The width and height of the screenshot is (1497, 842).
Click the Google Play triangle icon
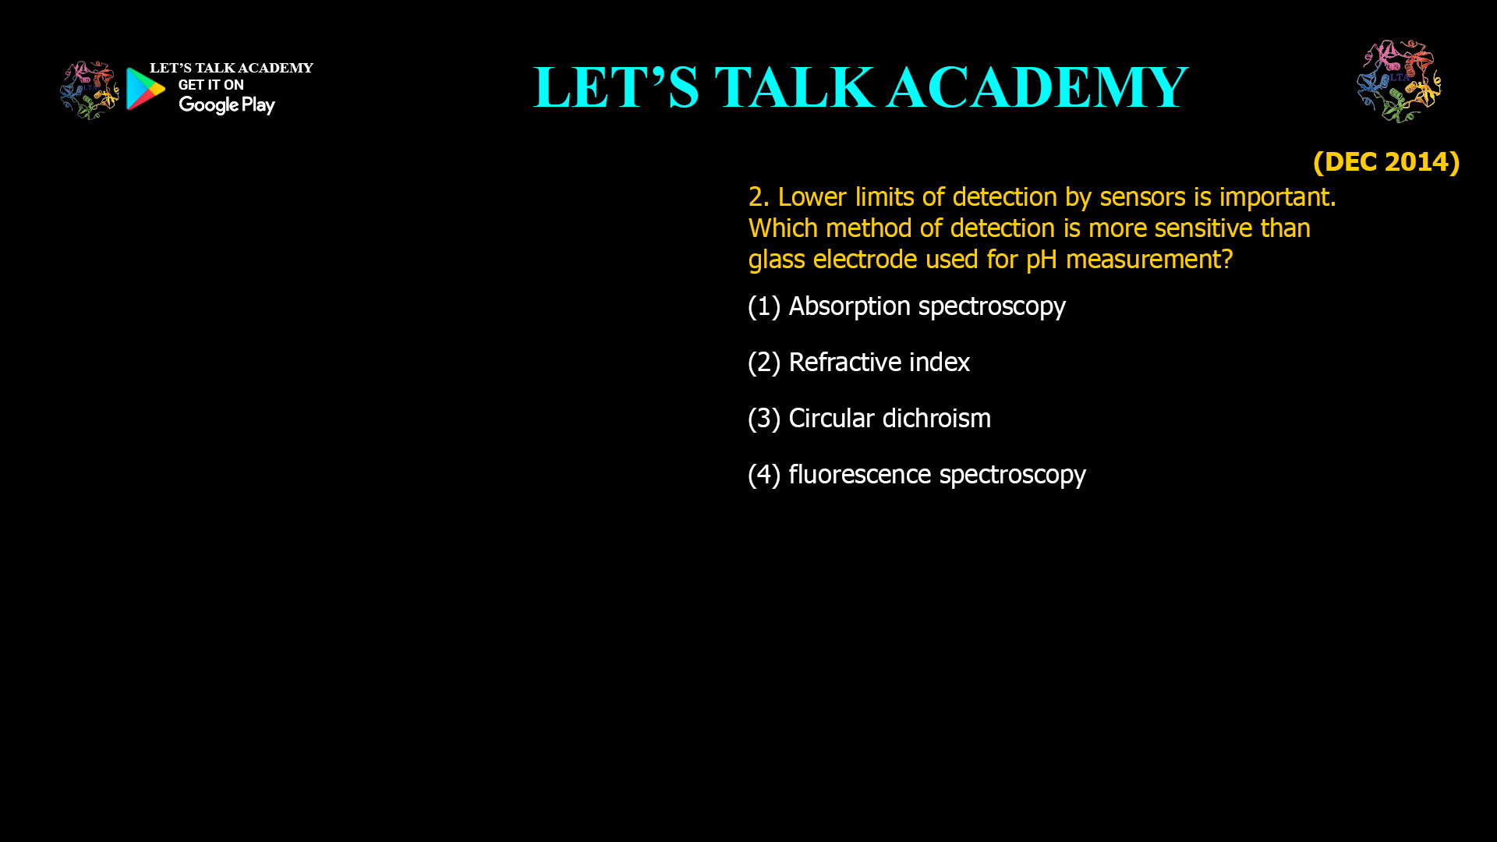145,89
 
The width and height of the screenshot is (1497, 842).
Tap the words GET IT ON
211,85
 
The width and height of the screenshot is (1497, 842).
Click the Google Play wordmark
226,105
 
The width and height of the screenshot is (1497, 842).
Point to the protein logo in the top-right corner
1399,81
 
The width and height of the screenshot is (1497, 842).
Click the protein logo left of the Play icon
90,90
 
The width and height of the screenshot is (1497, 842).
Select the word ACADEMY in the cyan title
1037,87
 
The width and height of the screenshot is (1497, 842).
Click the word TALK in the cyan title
795,87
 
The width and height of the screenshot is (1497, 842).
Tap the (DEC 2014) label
1386,161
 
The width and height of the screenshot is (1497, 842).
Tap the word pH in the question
1042,260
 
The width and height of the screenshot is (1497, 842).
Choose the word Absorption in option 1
849,306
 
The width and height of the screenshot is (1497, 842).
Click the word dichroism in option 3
936,418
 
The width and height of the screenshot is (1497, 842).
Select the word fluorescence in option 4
859,474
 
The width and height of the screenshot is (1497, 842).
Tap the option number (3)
764,419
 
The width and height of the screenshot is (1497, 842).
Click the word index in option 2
940,362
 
